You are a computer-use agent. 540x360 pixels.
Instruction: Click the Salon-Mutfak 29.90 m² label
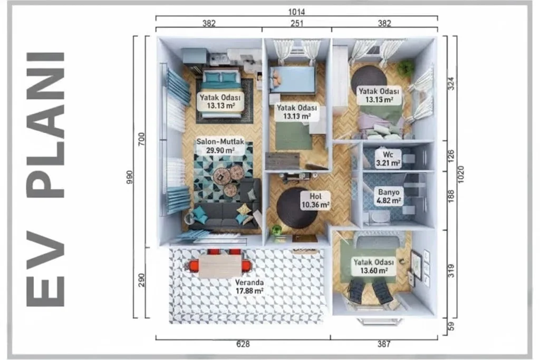tap(220, 146)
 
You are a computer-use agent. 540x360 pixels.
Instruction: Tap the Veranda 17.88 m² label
tap(249, 286)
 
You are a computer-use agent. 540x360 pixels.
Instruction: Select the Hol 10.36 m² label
tap(315, 201)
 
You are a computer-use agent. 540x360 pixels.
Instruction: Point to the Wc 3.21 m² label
tap(388, 158)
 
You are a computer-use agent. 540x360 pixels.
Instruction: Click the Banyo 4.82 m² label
tap(389, 196)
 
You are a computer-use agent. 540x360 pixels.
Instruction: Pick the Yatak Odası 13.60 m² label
tap(374, 266)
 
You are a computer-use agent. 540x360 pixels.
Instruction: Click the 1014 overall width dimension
tap(296, 12)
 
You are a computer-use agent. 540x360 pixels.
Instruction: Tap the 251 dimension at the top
tap(297, 23)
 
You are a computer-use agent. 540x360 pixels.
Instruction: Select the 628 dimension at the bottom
tap(243, 344)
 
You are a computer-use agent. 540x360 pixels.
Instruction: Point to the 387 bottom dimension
tap(384, 344)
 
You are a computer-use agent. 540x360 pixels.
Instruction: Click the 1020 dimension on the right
tap(461, 174)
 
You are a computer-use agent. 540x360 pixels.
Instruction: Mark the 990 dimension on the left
tap(130, 177)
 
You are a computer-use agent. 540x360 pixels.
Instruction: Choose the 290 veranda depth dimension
tap(141, 280)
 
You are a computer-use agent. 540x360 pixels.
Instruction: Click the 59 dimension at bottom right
tap(451, 326)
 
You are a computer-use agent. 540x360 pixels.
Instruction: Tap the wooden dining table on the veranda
tap(220, 265)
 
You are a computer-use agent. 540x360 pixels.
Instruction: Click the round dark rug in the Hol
tap(297, 208)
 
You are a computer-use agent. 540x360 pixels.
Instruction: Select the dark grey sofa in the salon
tap(226, 210)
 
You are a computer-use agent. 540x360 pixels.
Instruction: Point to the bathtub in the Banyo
tap(380, 217)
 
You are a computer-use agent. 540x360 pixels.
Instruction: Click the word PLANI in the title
tap(45, 125)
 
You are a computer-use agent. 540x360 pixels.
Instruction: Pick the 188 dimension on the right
tap(451, 196)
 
